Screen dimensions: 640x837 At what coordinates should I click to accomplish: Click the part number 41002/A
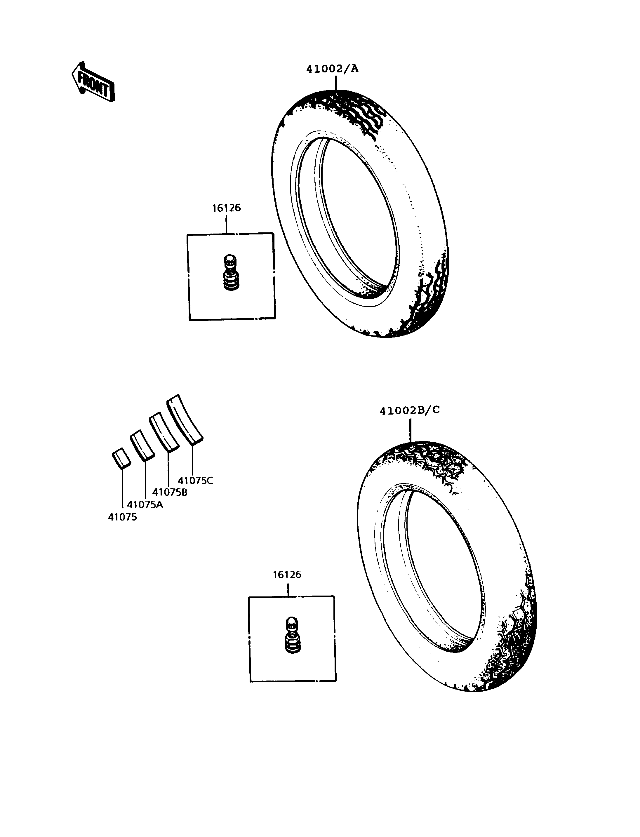[x=333, y=69]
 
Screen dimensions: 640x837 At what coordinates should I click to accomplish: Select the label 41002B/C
[x=410, y=410]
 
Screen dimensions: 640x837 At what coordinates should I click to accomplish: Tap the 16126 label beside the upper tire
[x=227, y=208]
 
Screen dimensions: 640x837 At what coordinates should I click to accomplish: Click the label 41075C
[x=195, y=481]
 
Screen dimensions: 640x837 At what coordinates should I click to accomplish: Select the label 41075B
[x=170, y=492]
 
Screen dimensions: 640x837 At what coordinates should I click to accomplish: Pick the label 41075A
[x=145, y=505]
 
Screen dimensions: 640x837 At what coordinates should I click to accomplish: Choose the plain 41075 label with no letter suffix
[x=122, y=517]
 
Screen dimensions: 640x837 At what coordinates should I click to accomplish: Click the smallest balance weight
[x=121, y=458]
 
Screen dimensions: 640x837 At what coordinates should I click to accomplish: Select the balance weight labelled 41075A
[x=142, y=445]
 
